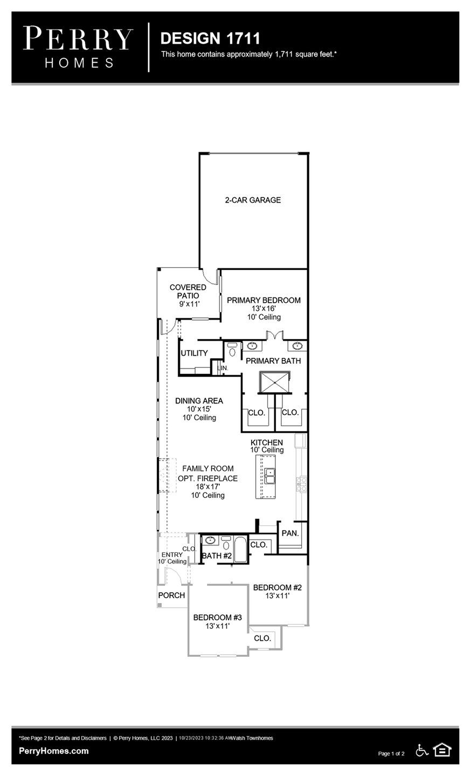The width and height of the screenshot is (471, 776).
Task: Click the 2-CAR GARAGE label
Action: [253, 200]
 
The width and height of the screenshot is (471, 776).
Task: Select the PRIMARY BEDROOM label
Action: [264, 300]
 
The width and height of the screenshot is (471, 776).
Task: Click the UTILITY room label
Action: [194, 353]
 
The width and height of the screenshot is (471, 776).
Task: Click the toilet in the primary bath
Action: [232, 350]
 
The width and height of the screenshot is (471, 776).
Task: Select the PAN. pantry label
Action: [290, 533]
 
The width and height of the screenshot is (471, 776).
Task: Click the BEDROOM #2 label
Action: [277, 587]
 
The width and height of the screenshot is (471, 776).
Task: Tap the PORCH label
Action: [171, 595]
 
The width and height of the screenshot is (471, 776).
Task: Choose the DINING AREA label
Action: [199, 401]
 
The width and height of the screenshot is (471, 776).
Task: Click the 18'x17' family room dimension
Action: [207, 487]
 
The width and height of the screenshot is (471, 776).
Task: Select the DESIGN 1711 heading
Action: [210, 38]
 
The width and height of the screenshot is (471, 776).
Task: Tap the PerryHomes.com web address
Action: [53, 751]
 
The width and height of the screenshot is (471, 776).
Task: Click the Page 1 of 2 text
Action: [391, 753]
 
